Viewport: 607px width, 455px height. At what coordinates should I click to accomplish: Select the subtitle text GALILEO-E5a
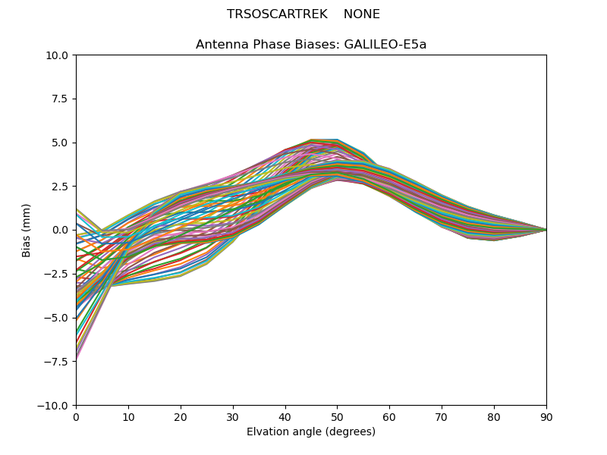point(385,45)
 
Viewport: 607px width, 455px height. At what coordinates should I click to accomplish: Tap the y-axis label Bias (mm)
point(27,230)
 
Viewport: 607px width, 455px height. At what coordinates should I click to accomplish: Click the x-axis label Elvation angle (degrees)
point(311,432)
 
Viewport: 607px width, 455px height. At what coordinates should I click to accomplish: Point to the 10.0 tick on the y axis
point(58,55)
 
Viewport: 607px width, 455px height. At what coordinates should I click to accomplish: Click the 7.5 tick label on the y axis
point(60,99)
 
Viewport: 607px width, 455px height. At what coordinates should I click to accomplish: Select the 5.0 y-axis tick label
point(60,143)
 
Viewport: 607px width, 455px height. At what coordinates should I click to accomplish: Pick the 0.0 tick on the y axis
point(60,230)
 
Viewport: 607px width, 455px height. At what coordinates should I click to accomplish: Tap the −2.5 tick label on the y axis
point(57,274)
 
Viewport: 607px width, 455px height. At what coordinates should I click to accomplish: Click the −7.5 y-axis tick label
point(57,361)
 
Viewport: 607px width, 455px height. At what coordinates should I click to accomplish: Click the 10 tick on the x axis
point(128,416)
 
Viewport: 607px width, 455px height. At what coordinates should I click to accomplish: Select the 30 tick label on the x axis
point(233,416)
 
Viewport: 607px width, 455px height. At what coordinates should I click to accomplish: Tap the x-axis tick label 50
point(337,416)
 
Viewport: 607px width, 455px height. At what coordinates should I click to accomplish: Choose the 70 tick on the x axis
point(442,416)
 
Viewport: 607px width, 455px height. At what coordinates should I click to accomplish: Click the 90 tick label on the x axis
point(546,416)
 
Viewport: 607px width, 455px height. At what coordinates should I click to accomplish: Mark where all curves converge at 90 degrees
point(546,230)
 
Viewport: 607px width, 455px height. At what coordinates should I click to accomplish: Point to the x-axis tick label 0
point(76,416)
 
